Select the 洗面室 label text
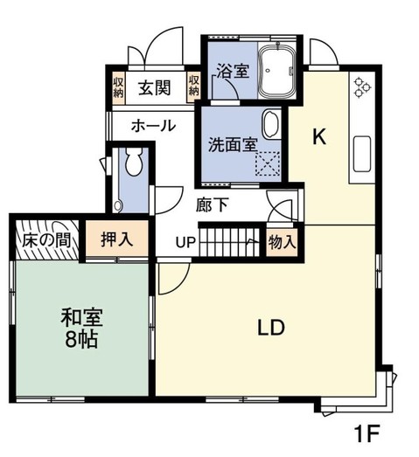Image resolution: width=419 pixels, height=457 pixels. (x=231, y=143)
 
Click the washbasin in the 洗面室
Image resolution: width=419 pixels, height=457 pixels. (x=271, y=124)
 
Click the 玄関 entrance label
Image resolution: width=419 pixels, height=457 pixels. (x=156, y=87)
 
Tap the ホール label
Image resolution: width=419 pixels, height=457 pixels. (x=153, y=127)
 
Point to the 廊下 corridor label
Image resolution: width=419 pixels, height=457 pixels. (x=213, y=206)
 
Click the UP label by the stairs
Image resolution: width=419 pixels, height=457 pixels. (x=185, y=242)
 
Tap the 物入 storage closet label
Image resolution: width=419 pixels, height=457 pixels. (x=281, y=241)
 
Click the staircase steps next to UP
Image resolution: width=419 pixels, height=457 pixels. (x=229, y=241)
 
